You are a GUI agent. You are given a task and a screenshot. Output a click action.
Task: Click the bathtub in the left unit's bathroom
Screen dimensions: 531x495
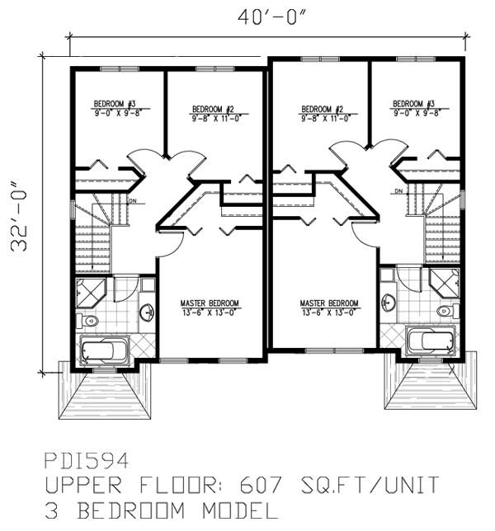coord(106,350)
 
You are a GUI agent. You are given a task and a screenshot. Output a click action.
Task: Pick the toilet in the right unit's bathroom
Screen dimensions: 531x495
coord(445,311)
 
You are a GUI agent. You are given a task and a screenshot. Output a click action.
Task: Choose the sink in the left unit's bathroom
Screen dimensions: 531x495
coord(146,312)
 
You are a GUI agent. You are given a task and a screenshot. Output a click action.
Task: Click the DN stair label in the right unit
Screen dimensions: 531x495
coord(398,191)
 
